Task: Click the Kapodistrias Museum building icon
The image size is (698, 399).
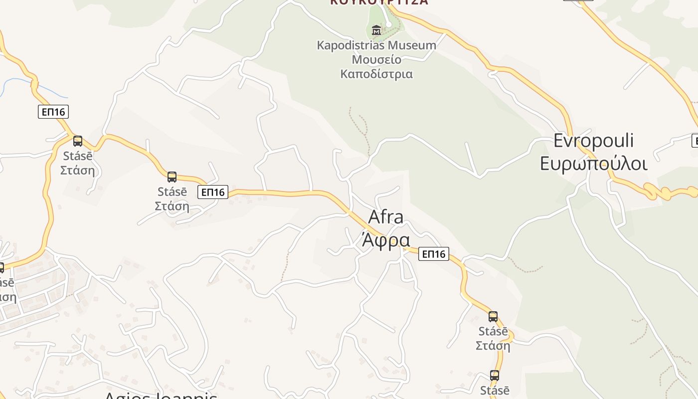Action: tap(376, 30)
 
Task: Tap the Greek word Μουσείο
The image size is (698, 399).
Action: tap(376, 60)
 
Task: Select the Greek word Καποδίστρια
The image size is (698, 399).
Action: tap(376, 74)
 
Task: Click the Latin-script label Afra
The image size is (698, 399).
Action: tap(386, 217)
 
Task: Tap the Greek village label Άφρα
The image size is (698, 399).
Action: tap(386, 240)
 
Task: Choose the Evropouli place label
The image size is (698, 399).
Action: tap(593, 141)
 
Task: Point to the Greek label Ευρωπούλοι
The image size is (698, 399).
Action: tap(593, 164)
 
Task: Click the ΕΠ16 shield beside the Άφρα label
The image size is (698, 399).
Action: tap(434, 254)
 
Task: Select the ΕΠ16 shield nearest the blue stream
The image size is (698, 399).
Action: tap(53, 112)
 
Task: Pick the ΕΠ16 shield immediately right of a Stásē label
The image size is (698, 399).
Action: tap(213, 192)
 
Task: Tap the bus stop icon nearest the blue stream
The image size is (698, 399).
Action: tap(78, 141)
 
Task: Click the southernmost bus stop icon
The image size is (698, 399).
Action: tap(494, 376)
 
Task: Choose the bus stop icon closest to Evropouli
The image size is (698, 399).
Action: tap(493, 317)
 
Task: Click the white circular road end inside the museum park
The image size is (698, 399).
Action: tap(389, 24)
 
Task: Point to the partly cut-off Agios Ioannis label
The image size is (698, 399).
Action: tap(161, 395)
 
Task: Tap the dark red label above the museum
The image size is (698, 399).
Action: tap(379, 2)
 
